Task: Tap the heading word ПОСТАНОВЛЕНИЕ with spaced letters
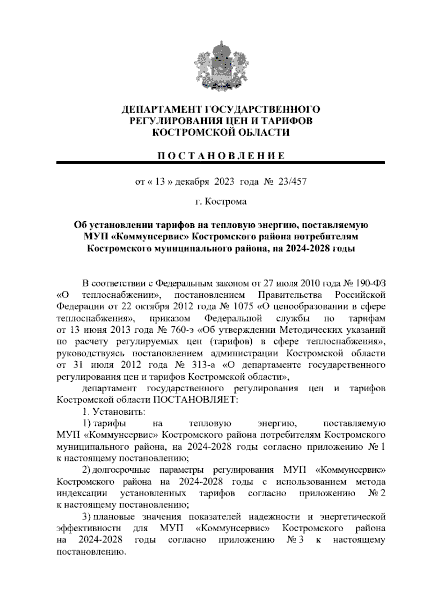pos(220,156)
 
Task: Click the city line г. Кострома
pos(221,201)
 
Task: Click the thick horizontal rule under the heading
pos(220,163)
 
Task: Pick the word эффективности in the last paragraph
pos(89,528)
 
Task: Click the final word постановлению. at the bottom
pos(91,551)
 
